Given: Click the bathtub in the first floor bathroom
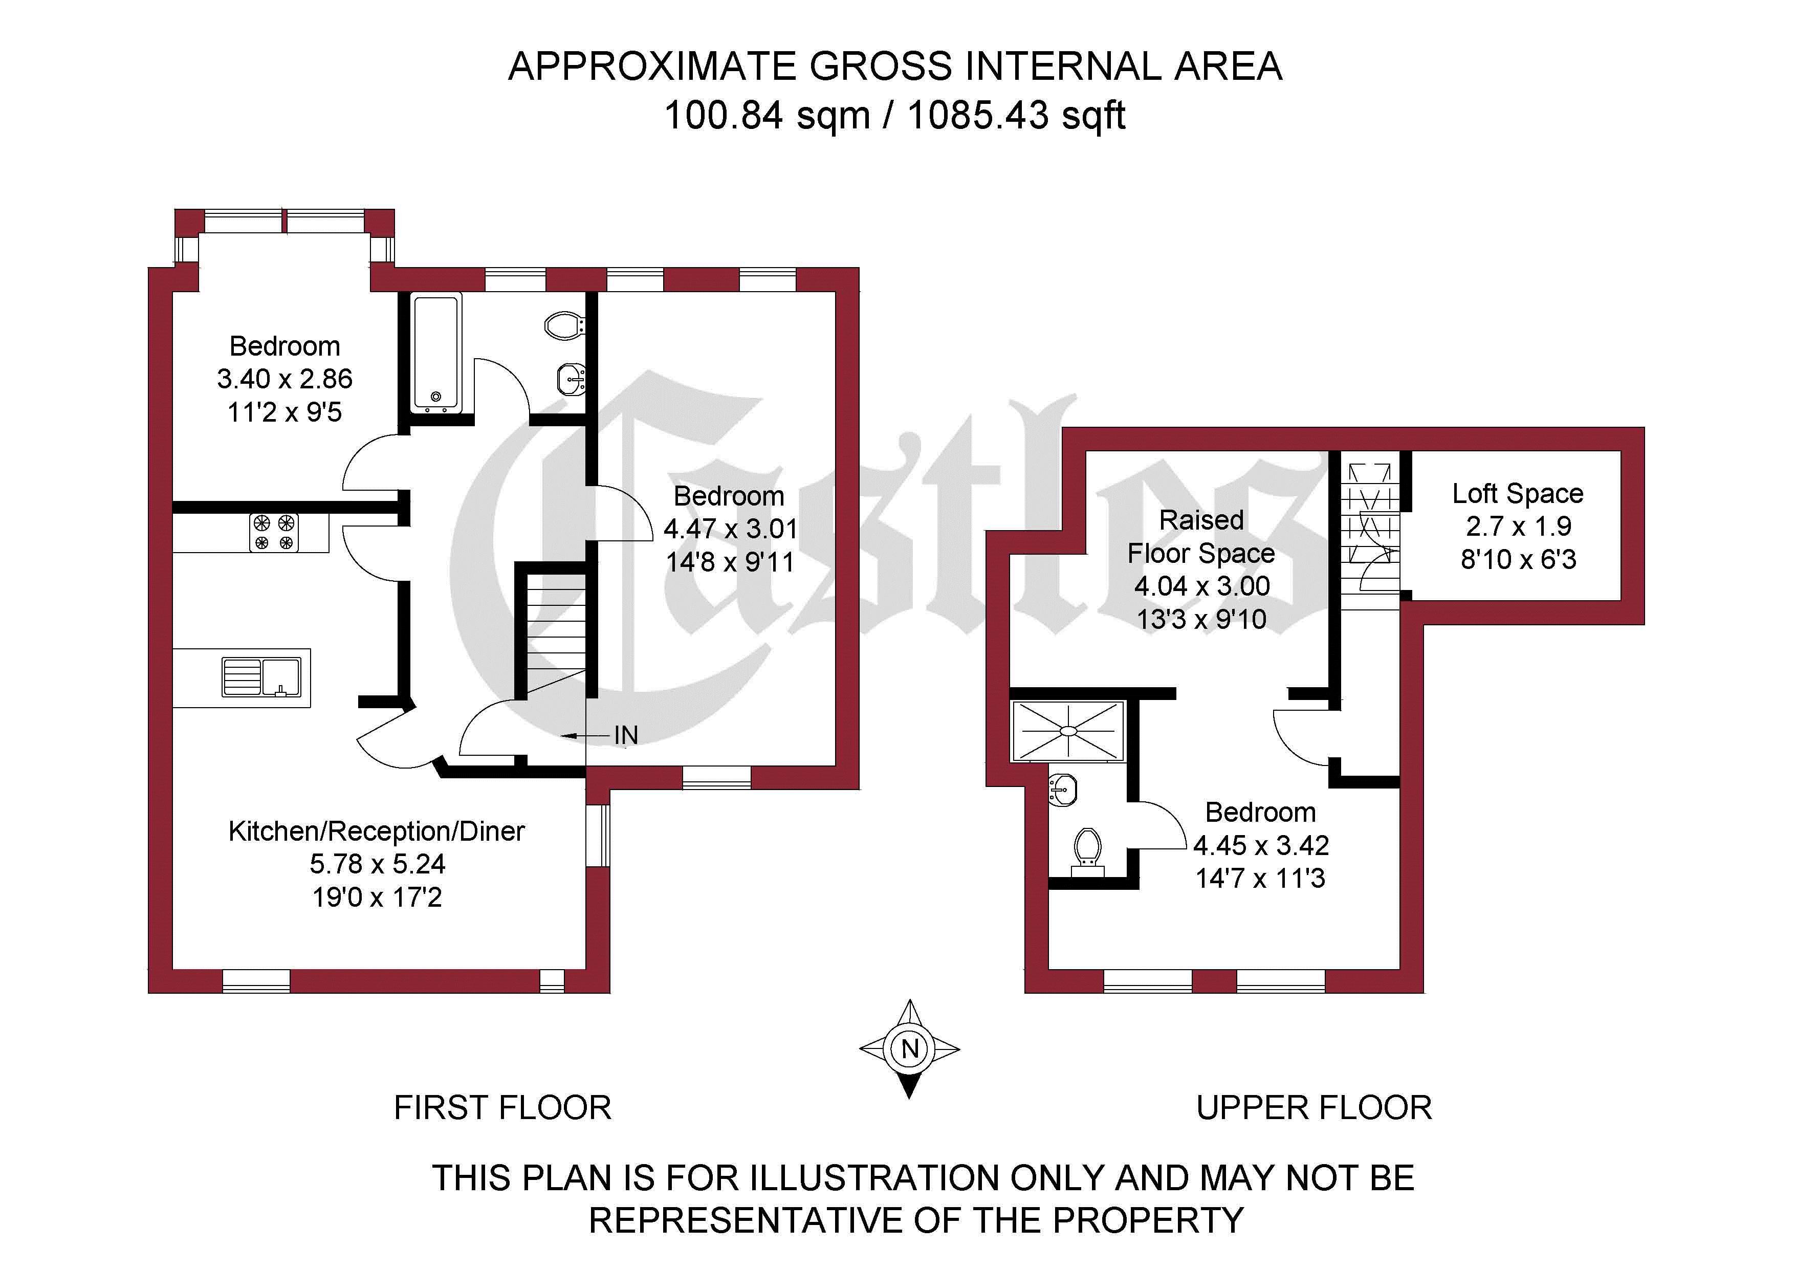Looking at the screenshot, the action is click(438, 352).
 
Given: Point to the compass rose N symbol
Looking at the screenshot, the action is click(909, 1048).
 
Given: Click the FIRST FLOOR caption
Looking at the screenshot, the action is click(502, 1107).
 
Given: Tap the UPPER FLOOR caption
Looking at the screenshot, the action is click(1314, 1107).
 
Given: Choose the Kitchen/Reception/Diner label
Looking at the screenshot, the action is click(376, 830).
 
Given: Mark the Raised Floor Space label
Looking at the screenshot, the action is click(1201, 536).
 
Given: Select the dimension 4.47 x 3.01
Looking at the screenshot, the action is click(730, 529).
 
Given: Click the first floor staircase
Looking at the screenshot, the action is click(556, 634).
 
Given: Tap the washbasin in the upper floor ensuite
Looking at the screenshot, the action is click(1062, 790).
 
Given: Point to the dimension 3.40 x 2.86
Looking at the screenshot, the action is click(284, 379).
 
